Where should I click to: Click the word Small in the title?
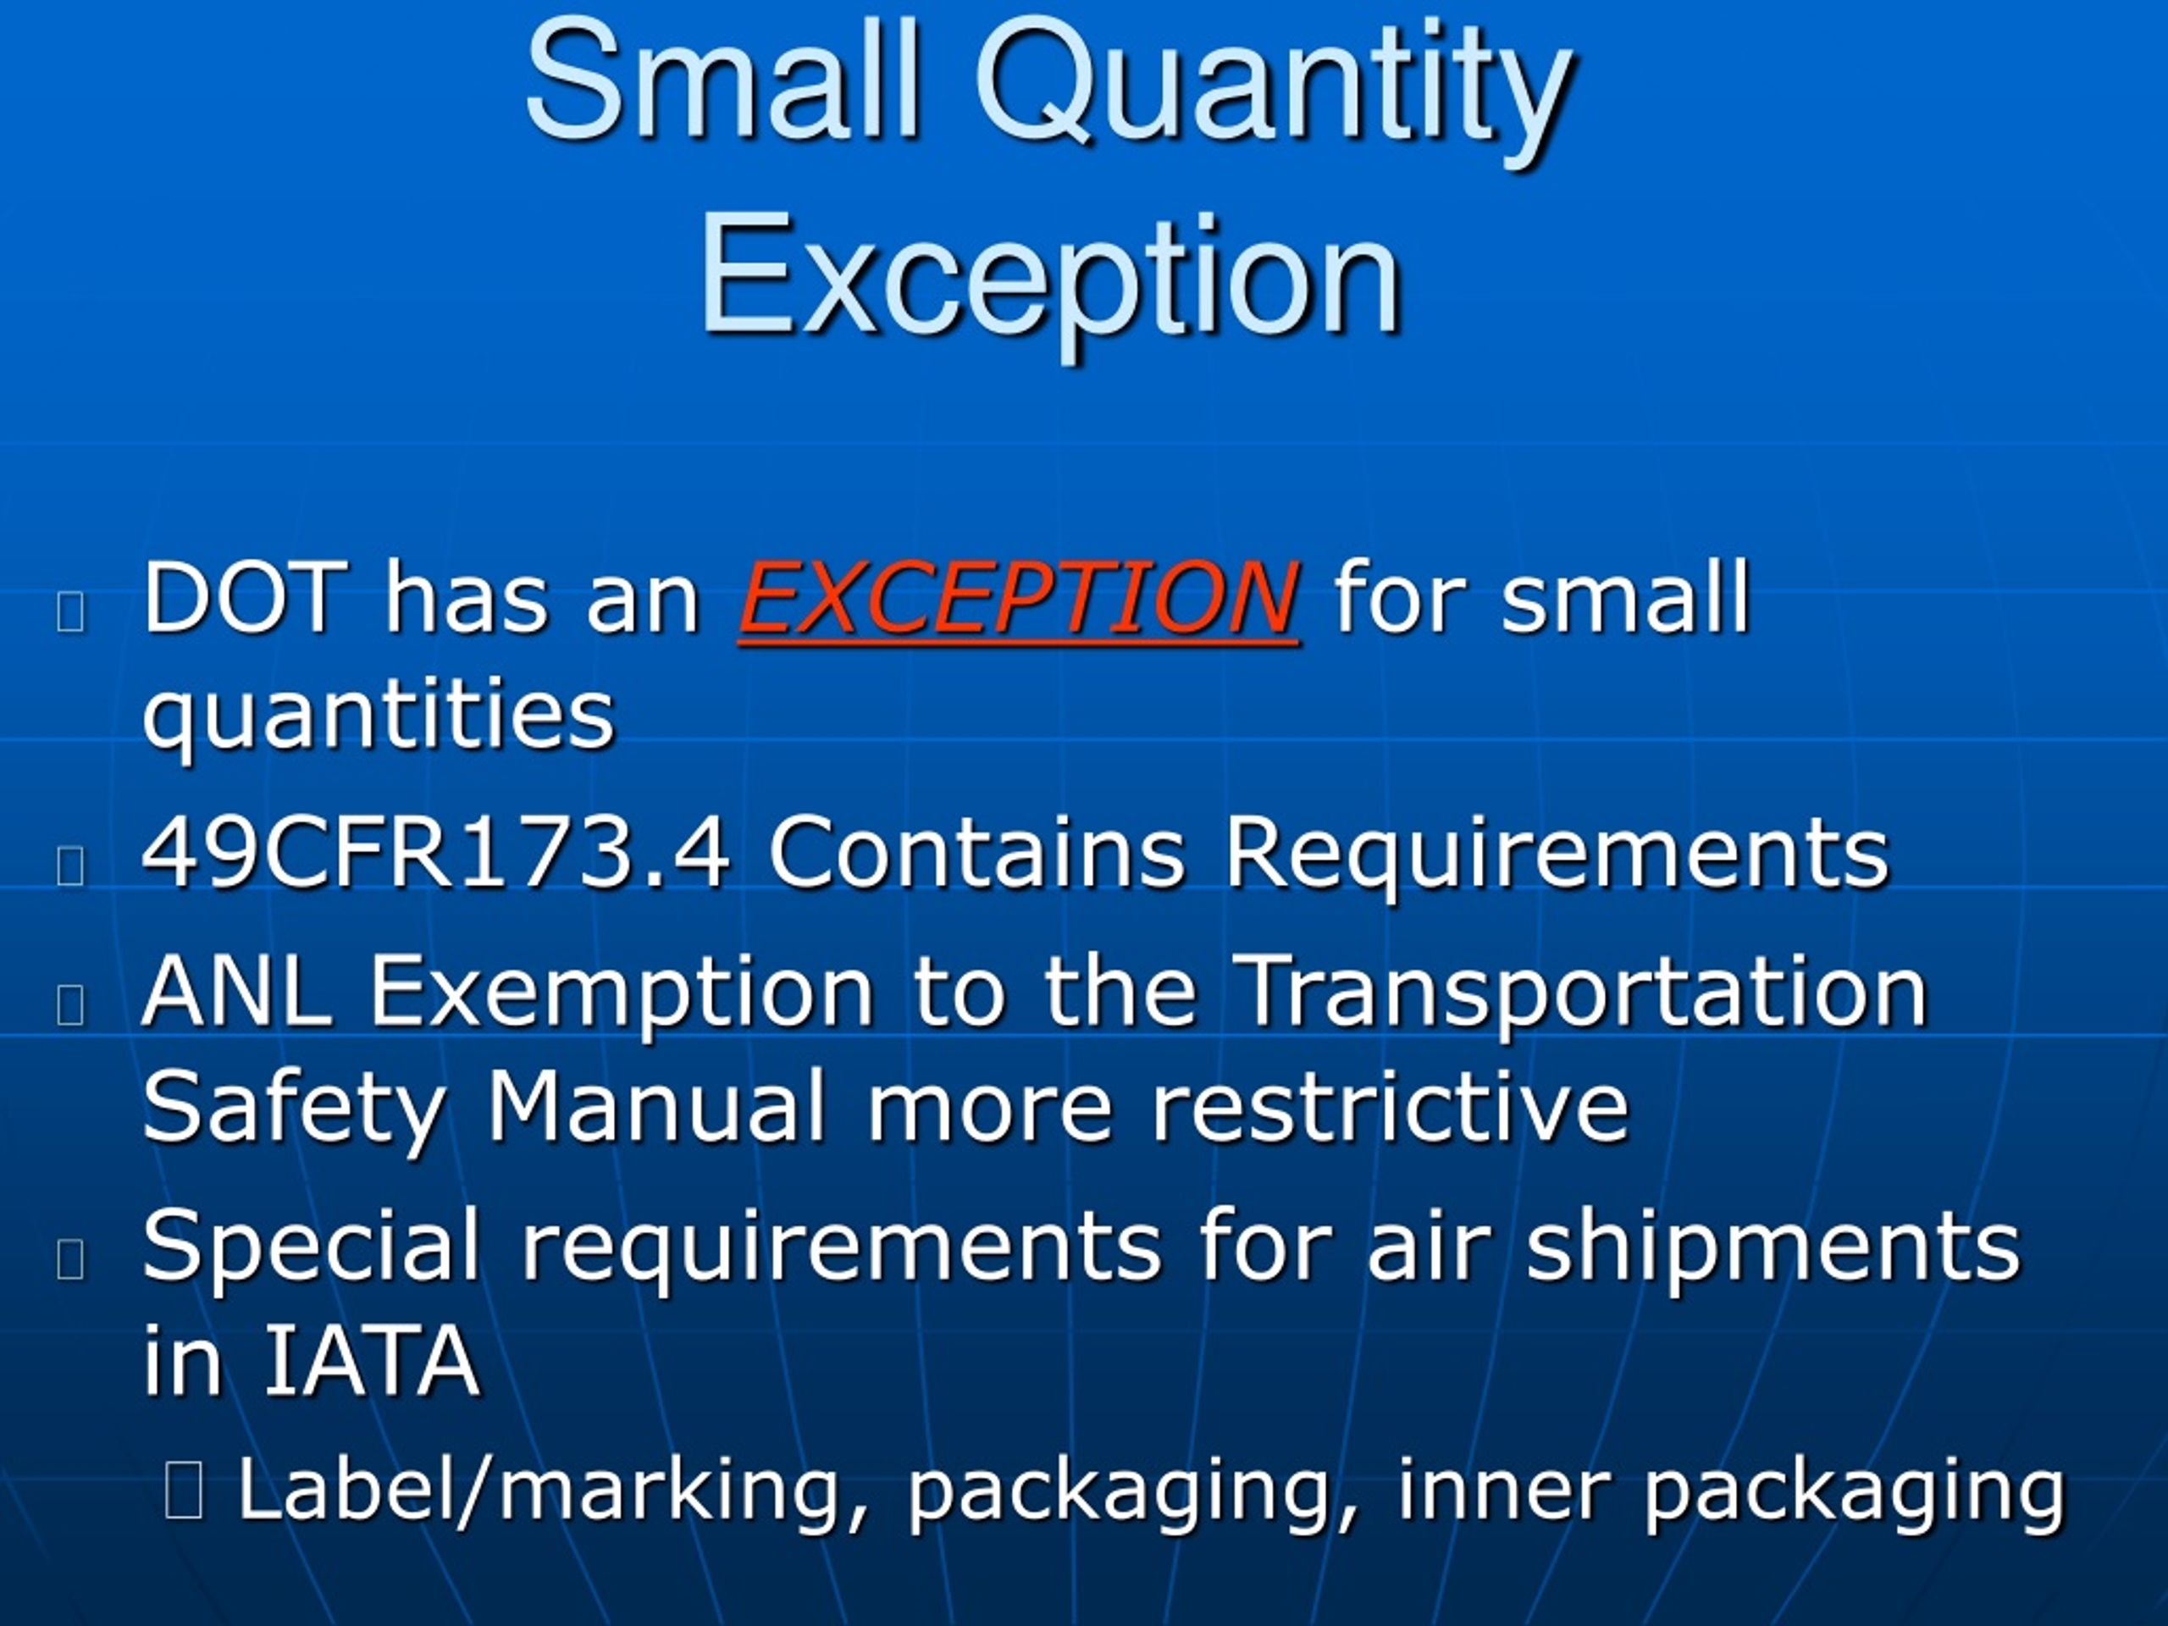tap(722, 80)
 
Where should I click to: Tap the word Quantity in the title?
tap(1272, 88)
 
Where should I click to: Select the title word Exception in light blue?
tap(1049, 279)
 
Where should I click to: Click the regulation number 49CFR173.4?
tap(435, 853)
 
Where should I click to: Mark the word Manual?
tap(655, 1108)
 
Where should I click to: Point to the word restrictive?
tap(1390, 1108)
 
